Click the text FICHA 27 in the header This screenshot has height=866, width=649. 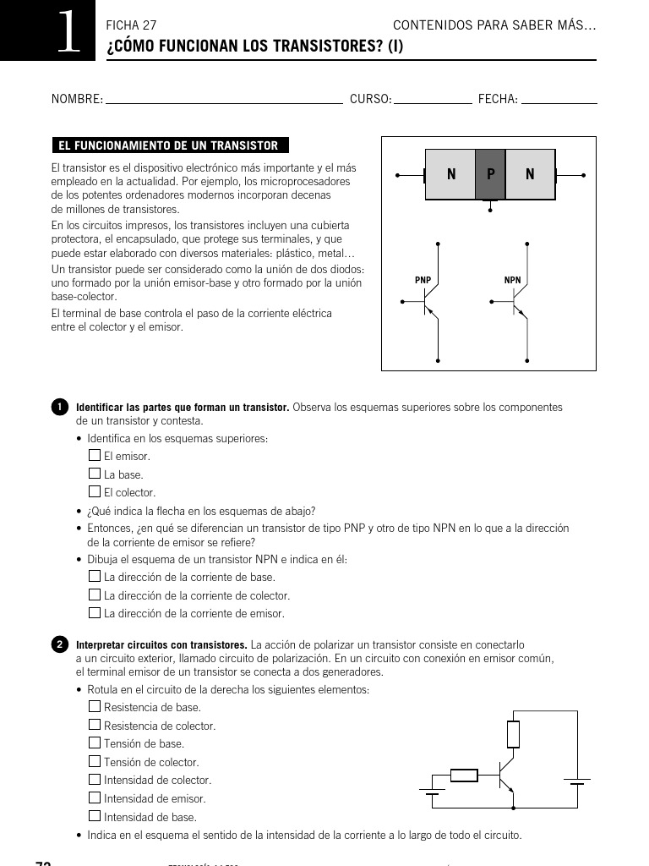tap(131, 26)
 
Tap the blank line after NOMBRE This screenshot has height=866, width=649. tap(223, 101)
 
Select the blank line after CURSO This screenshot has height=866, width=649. tap(433, 101)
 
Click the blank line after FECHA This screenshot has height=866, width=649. tap(559, 101)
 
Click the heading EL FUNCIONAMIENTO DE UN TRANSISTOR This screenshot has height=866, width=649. tap(168, 145)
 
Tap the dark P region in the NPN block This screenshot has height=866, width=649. tap(490, 175)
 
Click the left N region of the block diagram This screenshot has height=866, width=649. tap(450, 175)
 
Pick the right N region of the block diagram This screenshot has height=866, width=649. tap(530, 175)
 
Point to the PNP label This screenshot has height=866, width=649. tap(423, 280)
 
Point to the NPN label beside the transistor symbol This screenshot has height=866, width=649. tap(512, 280)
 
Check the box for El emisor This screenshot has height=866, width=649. tap(95, 455)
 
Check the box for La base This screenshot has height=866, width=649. tap(95, 474)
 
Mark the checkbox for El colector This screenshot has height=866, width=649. tap(95, 491)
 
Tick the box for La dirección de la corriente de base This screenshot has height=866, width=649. tap(95, 576)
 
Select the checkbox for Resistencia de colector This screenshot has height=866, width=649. tap(95, 725)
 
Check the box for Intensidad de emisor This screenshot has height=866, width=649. tap(95, 797)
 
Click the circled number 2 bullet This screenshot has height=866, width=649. tap(60, 644)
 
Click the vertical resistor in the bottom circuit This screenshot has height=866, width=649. tap(513, 734)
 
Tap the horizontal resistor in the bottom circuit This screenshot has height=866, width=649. tap(464, 775)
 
